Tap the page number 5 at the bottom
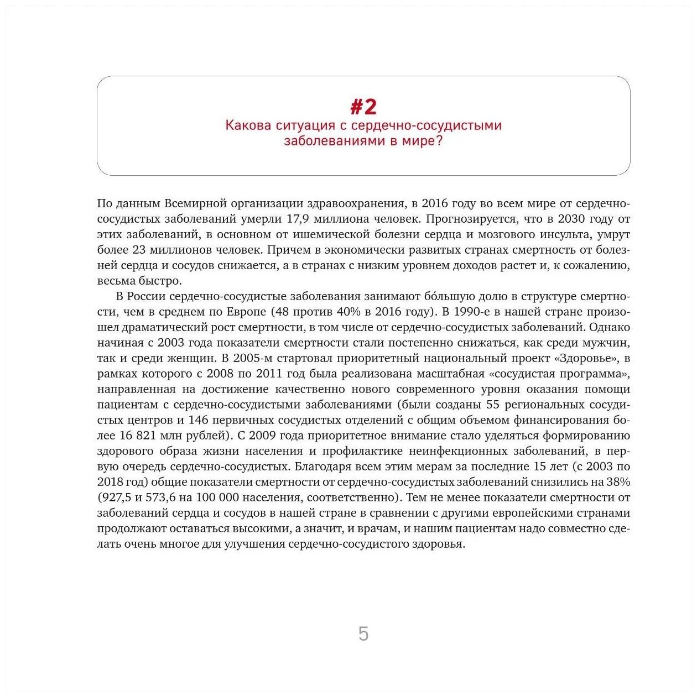[363, 633]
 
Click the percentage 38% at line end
[618, 482]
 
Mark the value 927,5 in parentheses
[118, 497]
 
